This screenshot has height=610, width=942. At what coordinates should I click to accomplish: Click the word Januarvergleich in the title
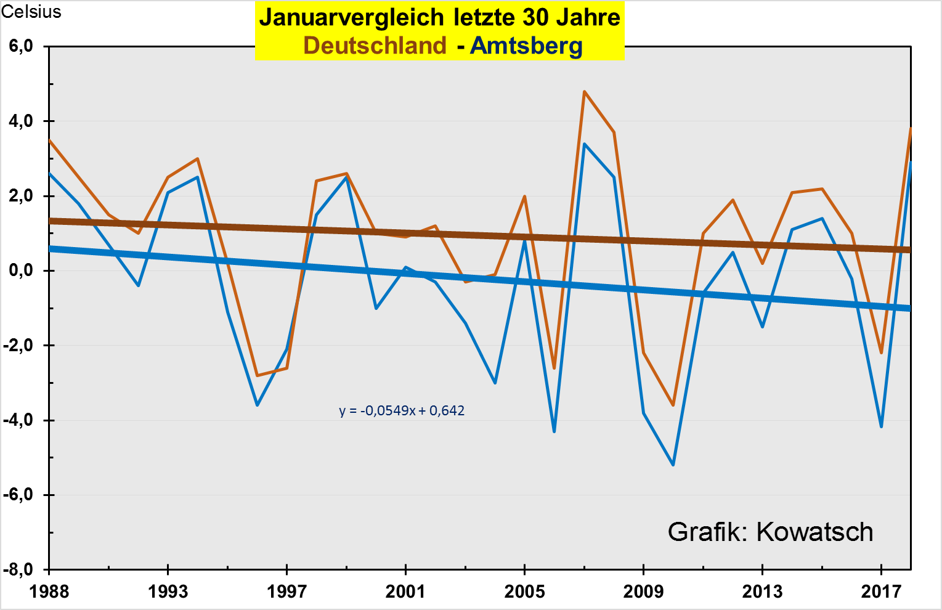coord(352,17)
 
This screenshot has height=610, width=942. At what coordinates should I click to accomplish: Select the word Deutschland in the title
coord(375,46)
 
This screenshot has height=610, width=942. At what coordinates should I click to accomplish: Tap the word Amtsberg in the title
coord(526,46)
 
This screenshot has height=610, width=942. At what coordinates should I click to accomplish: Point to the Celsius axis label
coord(31,12)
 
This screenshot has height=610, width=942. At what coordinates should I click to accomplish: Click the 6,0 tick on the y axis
coord(21,46)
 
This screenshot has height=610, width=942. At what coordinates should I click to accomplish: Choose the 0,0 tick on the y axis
coord(21,271)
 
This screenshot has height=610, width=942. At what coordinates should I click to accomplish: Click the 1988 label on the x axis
coord(49,592)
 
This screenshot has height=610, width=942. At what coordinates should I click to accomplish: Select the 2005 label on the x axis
coord(524,592)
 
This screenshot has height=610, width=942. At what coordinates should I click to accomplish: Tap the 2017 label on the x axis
coord(881,592)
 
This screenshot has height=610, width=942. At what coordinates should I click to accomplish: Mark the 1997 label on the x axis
coord(286,592)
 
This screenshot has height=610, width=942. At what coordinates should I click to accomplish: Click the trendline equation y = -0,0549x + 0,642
coord(402,411)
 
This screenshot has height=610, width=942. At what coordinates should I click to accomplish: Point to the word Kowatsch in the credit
coord(814,532)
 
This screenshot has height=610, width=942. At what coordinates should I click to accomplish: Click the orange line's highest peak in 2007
coord(584,92)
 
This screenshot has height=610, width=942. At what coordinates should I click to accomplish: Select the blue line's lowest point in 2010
coord(673,465)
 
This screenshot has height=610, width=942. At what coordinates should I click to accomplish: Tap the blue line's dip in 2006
coord(554,431)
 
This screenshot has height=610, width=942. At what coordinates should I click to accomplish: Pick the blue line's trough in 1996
coord(257,405)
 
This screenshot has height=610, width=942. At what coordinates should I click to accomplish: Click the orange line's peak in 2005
coord(524,197)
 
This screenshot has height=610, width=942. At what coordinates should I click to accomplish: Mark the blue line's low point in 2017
coord(881,426)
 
